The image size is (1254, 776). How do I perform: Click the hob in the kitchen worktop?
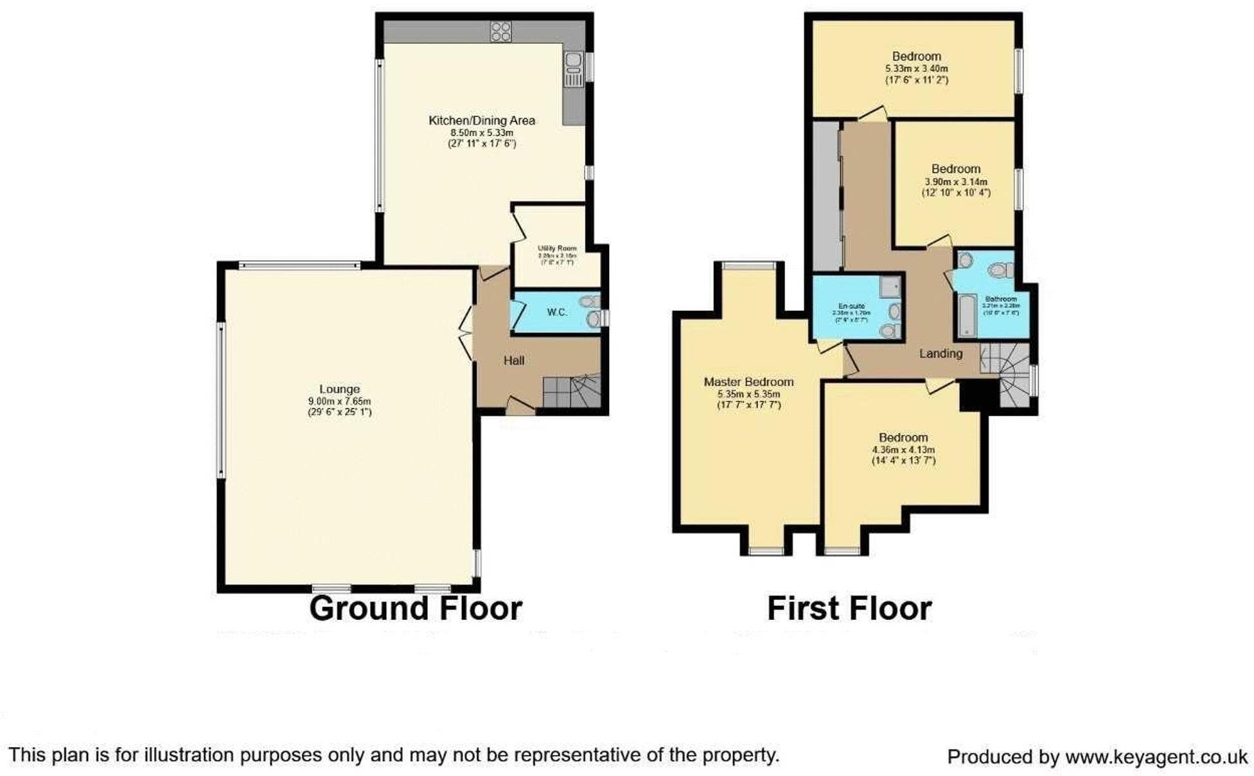click(500, 31)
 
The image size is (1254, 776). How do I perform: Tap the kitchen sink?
click(573, 64)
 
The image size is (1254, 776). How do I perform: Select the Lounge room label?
click(339, 389)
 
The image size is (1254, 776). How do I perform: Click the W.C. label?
click(557, 312)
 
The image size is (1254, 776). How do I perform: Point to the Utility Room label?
click(557, 248)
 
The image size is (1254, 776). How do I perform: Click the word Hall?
click(513, 361)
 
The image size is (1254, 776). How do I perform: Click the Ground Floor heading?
click(415, 608)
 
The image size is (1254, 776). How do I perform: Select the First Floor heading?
click(849, 608)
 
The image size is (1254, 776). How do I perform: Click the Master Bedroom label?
click(748, 382)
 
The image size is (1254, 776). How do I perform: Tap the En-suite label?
click(852, 306)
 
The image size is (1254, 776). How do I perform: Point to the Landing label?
click(940, 353)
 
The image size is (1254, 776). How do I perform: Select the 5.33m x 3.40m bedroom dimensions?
click(916, 69)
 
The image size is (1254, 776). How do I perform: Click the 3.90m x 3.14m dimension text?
click(956, 182)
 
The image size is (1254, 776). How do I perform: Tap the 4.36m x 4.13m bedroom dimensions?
click(903, 450)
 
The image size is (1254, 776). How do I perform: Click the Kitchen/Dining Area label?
click(481, 120)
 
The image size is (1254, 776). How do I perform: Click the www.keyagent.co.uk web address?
click(1156, 757)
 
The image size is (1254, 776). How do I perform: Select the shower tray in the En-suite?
click(890, 287)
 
